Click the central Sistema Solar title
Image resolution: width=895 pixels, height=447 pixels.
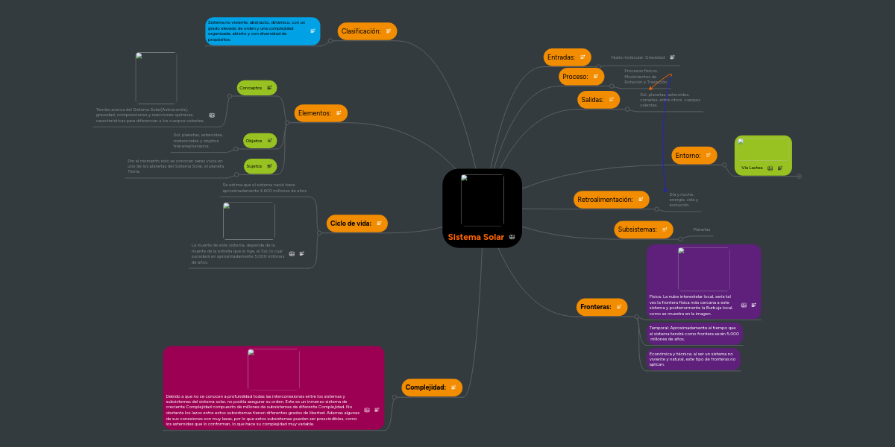(476, 238)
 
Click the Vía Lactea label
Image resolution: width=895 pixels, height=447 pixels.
(752, 168)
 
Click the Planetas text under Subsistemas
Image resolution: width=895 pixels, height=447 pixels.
(702, 229)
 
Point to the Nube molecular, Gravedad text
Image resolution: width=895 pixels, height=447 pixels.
(638, 57)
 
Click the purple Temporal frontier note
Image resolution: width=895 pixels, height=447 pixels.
(694, 333)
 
